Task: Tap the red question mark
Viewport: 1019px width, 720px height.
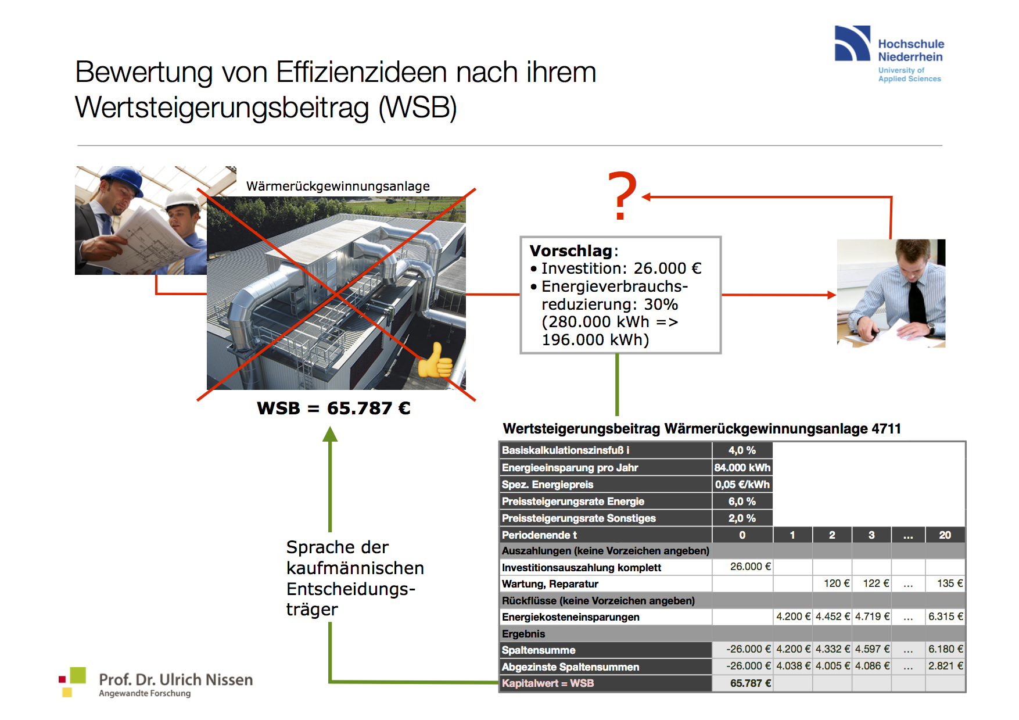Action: coord(622,196)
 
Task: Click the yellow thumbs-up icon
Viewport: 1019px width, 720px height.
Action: coord(435,361)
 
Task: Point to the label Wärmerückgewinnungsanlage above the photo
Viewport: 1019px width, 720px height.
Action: coord(338,186)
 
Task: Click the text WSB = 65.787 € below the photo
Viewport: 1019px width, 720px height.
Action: coord(333,408)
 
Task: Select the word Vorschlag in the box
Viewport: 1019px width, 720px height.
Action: coord(571,250)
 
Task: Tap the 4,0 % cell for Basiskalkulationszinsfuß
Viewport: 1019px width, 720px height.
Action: coord(742,450)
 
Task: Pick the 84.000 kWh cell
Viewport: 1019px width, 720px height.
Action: coord(742,468)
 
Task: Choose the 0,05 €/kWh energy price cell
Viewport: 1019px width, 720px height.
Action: coord(742,485)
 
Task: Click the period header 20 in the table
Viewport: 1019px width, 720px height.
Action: coord(945,535)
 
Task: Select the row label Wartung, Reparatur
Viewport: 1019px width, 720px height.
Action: coord(550,584)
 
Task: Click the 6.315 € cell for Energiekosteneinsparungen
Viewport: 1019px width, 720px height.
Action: coord(945,617)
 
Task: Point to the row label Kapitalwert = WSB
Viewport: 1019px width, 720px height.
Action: coord(547,683)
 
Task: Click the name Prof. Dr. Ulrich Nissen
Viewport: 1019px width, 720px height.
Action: coord(175,679)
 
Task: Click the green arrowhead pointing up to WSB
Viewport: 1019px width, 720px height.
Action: coord(330,434)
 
